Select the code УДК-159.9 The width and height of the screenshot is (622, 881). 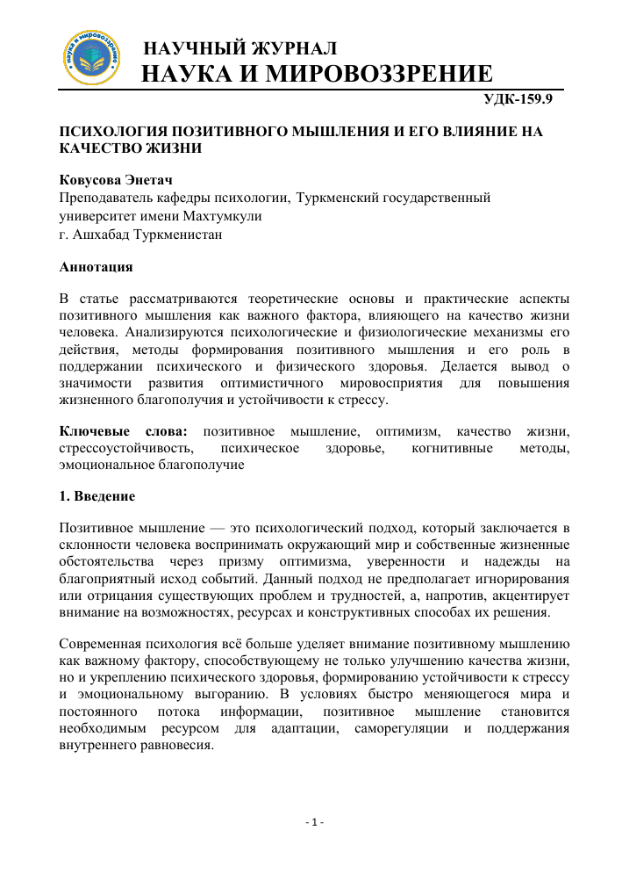519,99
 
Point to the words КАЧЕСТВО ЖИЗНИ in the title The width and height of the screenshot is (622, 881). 131,148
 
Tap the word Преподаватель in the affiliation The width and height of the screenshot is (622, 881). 111,199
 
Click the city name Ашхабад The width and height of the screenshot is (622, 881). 103,234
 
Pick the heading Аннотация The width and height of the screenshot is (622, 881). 96,265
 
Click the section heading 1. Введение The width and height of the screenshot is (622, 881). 97,497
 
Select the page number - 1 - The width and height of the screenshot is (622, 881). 314,822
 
